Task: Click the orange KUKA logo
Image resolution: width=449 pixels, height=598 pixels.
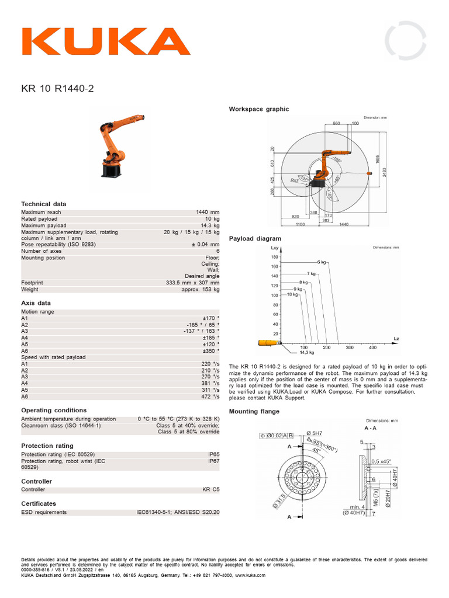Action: tap(105, 41)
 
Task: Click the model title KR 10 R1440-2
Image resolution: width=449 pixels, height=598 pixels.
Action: tap(57, 89)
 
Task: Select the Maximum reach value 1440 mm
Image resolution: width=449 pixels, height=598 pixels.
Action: tap(208, 213)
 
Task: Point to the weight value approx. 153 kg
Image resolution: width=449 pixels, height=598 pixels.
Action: tap(200, 289)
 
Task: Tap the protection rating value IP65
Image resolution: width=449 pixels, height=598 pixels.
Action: tap(214, 454)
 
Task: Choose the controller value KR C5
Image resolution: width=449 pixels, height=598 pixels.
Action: tap(210, 489)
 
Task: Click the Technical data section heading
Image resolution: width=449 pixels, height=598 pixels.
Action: tap(44, 204)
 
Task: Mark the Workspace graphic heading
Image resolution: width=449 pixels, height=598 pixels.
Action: tap(258, 109)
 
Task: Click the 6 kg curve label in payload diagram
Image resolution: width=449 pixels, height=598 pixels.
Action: tap(322, 262)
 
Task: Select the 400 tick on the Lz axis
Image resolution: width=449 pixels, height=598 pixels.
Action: tap(372, 347)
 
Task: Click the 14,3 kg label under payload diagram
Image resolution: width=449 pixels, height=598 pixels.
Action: tap(307, 353)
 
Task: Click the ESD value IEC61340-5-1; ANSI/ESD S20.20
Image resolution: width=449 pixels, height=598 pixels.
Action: tap(178, 512)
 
